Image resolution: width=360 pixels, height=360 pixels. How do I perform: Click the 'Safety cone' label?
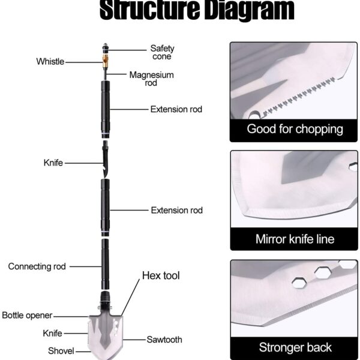162,52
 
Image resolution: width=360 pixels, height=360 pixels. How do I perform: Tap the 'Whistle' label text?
50,62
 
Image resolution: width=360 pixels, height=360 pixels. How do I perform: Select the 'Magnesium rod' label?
152,79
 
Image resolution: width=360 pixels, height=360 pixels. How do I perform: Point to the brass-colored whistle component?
106,61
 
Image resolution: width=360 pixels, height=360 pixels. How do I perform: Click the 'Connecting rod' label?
37,266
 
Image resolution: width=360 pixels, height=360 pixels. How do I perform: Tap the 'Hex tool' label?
161,275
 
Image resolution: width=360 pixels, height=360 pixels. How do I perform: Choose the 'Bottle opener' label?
27,315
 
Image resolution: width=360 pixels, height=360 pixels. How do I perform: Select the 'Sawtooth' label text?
164,340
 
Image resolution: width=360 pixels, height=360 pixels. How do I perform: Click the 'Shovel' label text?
61,351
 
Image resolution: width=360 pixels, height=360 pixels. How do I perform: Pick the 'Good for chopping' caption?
295,129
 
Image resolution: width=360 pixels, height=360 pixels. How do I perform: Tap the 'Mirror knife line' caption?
295,239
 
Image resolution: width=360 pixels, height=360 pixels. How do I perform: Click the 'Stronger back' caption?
295,347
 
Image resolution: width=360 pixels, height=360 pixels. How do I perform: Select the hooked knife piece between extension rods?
106,159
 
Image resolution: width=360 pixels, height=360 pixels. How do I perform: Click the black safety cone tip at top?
106,48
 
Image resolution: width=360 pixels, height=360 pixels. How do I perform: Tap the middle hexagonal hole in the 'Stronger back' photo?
323,272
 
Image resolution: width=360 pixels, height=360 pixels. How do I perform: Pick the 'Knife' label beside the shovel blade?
52,333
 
